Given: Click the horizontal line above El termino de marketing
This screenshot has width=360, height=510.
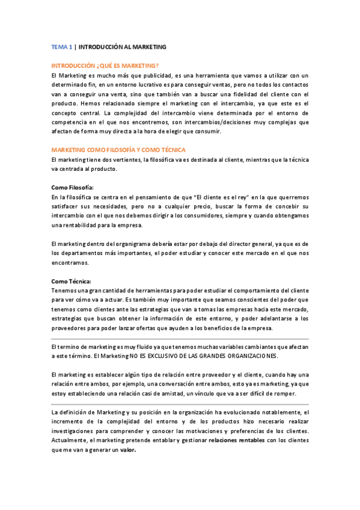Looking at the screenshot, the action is pyautogui.click(x=180, y=339).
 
